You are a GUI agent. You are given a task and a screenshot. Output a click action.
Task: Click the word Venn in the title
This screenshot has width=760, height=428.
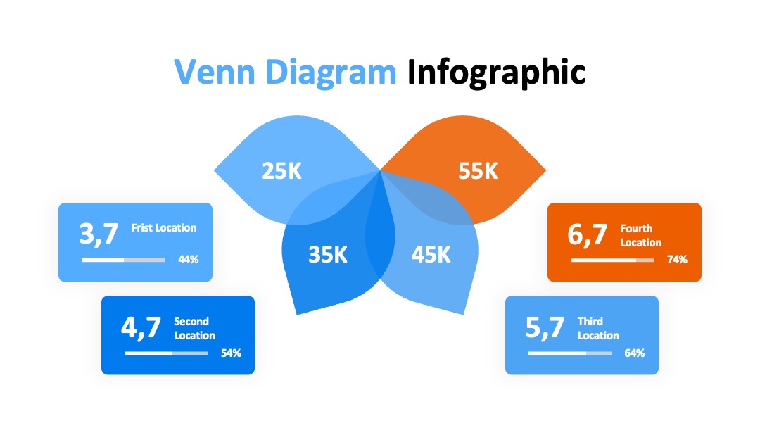pos(214,72)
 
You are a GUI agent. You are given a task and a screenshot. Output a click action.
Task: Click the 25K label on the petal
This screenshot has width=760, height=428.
pos(281,171)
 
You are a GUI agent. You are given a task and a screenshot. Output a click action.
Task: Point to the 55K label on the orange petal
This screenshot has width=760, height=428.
pos(478,171)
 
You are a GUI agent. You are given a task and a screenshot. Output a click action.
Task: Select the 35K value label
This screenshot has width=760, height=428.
pos(328,255)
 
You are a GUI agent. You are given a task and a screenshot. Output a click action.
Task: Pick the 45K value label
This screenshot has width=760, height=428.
pos(431,255)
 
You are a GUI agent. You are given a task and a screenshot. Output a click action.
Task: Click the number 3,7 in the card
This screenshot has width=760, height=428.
pos(99,234)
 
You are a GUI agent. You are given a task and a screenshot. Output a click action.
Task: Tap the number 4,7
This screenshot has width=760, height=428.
pos(141,327)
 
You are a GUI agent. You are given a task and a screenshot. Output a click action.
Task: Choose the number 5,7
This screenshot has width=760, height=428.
pos(545,327)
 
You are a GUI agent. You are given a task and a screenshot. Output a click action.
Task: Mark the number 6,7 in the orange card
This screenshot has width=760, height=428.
pos(587,234)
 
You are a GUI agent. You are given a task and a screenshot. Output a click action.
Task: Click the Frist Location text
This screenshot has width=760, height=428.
pos(164,228)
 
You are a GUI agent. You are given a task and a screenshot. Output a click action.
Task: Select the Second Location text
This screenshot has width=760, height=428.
pos(194,328)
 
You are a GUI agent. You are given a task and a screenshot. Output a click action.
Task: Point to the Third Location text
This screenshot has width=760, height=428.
pos(598,328)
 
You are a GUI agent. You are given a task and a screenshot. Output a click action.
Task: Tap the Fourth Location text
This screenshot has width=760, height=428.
pos(641,235)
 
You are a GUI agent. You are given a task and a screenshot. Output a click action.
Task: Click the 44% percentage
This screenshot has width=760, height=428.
pos(188,260)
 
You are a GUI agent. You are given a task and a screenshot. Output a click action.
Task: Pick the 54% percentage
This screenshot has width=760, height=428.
pos(231,353)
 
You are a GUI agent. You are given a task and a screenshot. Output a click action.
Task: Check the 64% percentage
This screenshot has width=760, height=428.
pos(635,353)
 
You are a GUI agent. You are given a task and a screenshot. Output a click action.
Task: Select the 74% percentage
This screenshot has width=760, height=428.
pos(677,260)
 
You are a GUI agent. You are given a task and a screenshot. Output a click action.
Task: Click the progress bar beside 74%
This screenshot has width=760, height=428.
pos(612,260)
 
